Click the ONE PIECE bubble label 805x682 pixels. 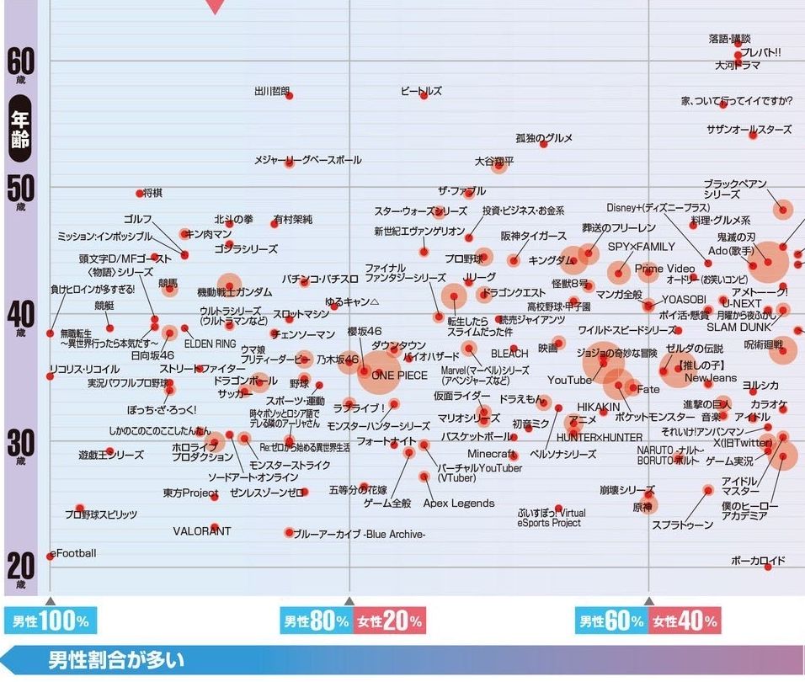coord(399,376)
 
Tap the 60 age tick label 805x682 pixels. coord(20,61)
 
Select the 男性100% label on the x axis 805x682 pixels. coord(51,621)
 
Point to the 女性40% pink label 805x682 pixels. coord(685,621)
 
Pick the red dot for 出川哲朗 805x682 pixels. coord(290,95)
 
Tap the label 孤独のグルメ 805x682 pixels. coord(544,138)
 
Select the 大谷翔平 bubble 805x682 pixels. coord(499,165)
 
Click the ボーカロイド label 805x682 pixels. coord(758,560)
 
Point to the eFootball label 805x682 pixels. coord(75,553)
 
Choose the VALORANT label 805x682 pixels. coord(201,531)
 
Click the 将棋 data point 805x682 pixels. coord(140,194)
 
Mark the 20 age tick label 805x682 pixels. coord(20,565)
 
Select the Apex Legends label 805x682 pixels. coord(459,504)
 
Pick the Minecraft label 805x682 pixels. coord(491,455)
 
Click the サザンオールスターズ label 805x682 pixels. coord(749,130)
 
